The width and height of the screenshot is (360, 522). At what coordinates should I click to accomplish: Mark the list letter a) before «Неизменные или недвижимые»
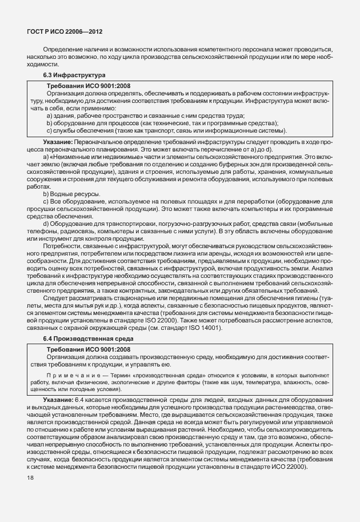coord(46,156)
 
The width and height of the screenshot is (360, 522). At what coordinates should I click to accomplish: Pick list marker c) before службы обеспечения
coord(49,130)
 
